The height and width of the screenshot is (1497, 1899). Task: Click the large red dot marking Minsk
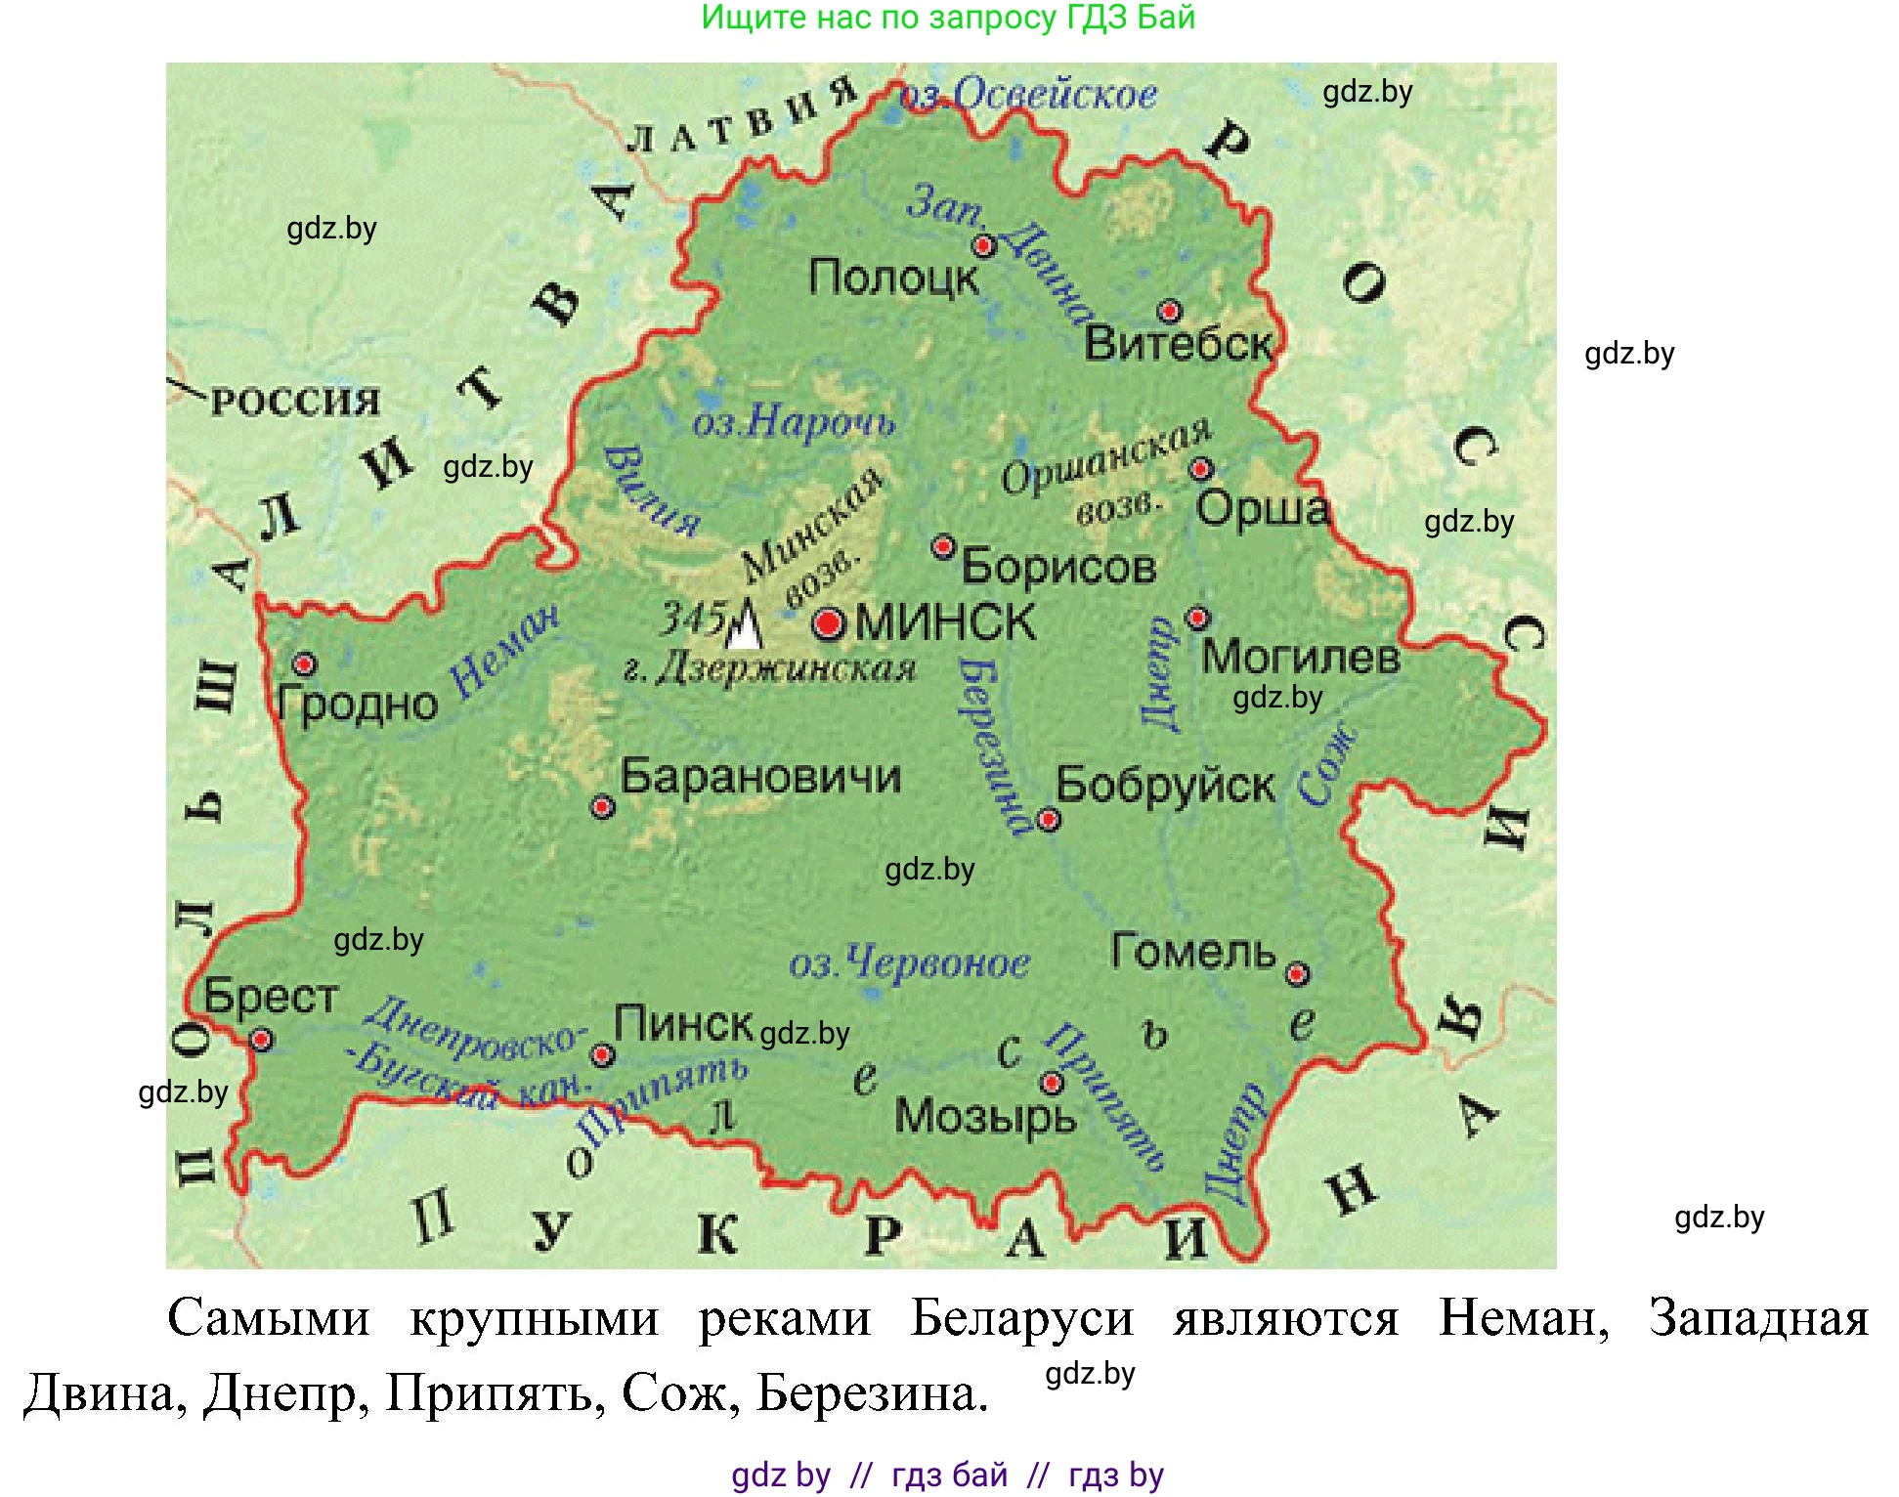[x=828, y=622]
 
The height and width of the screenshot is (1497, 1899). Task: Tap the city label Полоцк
[x=892, y=278]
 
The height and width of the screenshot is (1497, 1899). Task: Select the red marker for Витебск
[x=1169, y=312]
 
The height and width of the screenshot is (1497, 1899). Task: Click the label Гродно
[x=358, y=705]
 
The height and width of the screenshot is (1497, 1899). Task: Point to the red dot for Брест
[x=261, y=1039]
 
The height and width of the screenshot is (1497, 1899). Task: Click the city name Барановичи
[x=760, y=778]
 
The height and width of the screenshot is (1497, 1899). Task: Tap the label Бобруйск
[x=1165, y=786]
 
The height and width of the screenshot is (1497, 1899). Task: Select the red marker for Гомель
[x=1296, y=974]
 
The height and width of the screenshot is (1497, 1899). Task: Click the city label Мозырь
[x=984, y=1117]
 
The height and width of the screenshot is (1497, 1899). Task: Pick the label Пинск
[x=683, y=1025]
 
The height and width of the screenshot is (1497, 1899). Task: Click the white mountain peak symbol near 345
[x=745, y=625]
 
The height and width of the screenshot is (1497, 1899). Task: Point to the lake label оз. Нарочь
[x=793, y=422]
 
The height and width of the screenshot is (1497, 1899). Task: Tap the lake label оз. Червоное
[x=909, y=963]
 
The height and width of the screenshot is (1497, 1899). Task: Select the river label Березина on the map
[x=991, y=743]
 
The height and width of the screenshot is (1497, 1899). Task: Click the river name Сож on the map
[x=1327, y=765]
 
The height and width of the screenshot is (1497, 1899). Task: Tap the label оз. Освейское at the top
[x=1028, y=95]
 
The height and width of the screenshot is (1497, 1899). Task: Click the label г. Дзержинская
[x=769, y=670]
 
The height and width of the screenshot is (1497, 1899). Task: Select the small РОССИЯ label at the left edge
[x=294, y=402]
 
